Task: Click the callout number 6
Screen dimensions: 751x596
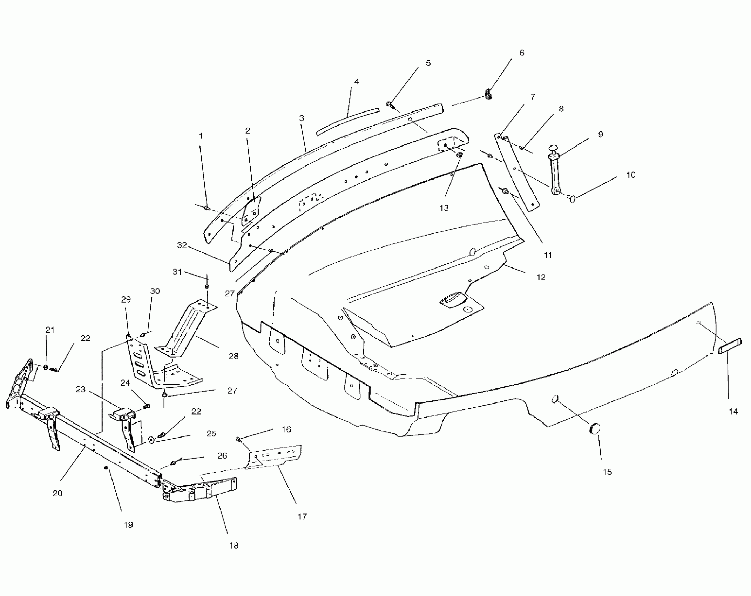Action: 521,53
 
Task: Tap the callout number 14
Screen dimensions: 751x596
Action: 733,412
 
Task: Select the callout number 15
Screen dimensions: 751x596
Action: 607,472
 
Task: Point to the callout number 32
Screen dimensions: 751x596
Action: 182,245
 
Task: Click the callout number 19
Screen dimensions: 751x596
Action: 128,525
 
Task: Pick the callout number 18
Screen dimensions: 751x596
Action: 234,546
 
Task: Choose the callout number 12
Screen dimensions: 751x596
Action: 541,277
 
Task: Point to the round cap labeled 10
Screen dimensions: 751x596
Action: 572,199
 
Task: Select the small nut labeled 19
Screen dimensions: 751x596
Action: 106,468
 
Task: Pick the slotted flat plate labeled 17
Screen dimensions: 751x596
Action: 275,456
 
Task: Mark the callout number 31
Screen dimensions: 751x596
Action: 177,272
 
